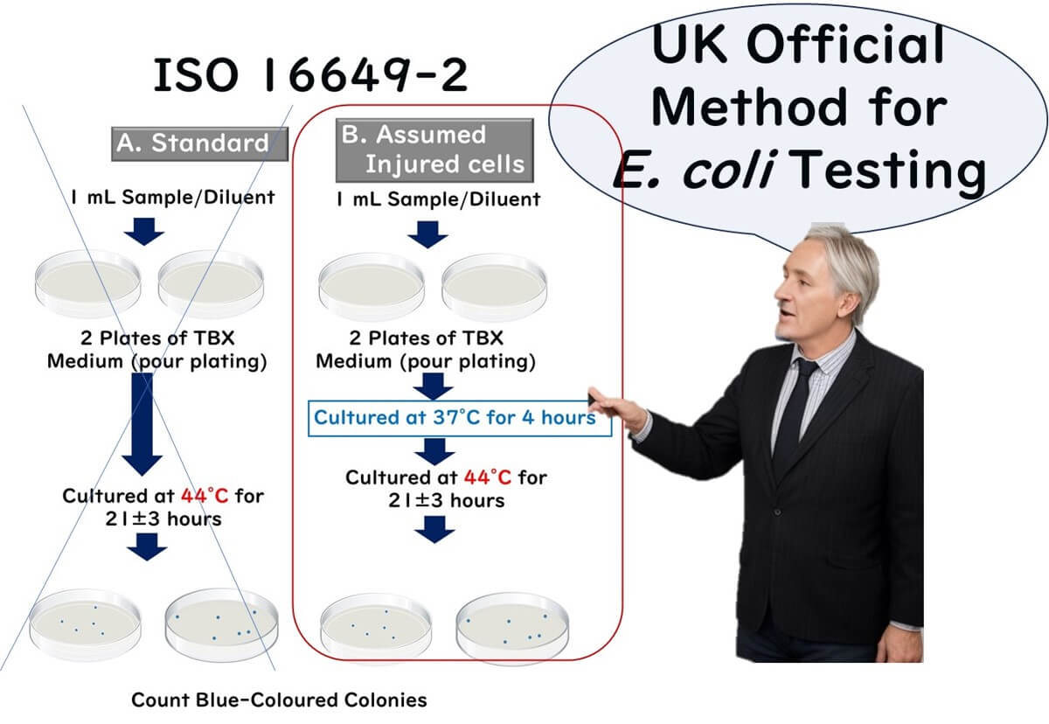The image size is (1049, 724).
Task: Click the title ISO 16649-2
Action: tap(311, 77)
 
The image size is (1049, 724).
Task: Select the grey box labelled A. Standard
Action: tap(199, 143)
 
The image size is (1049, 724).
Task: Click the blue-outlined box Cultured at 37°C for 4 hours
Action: tap(454, 417)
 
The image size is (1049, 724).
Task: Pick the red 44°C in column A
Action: tap(205, 496)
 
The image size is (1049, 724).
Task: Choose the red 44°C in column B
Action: tap(489, 477)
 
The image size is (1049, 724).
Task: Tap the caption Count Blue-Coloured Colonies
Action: tap(279, 700)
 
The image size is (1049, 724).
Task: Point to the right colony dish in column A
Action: tap(219, 623)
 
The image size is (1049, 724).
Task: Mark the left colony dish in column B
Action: tap(375, 625)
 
